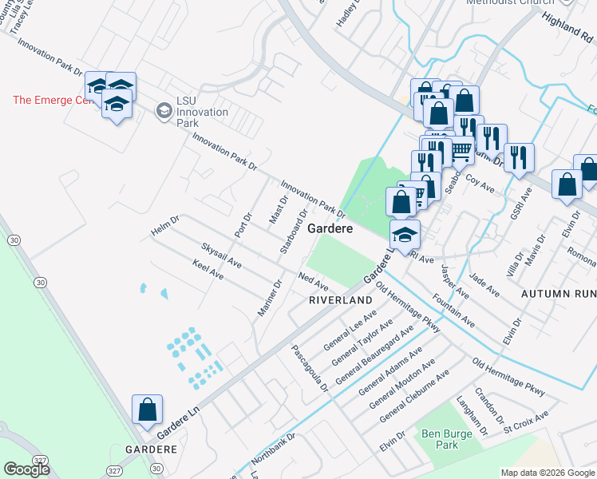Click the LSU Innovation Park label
202,112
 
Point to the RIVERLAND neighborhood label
341,299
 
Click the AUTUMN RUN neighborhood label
558,294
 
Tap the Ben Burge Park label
440,438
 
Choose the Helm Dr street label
164,226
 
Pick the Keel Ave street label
208,269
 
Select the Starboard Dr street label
292,232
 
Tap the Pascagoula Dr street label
310,368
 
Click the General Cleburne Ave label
413,396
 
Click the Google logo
26,469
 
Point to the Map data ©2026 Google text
548,473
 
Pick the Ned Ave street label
313,281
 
